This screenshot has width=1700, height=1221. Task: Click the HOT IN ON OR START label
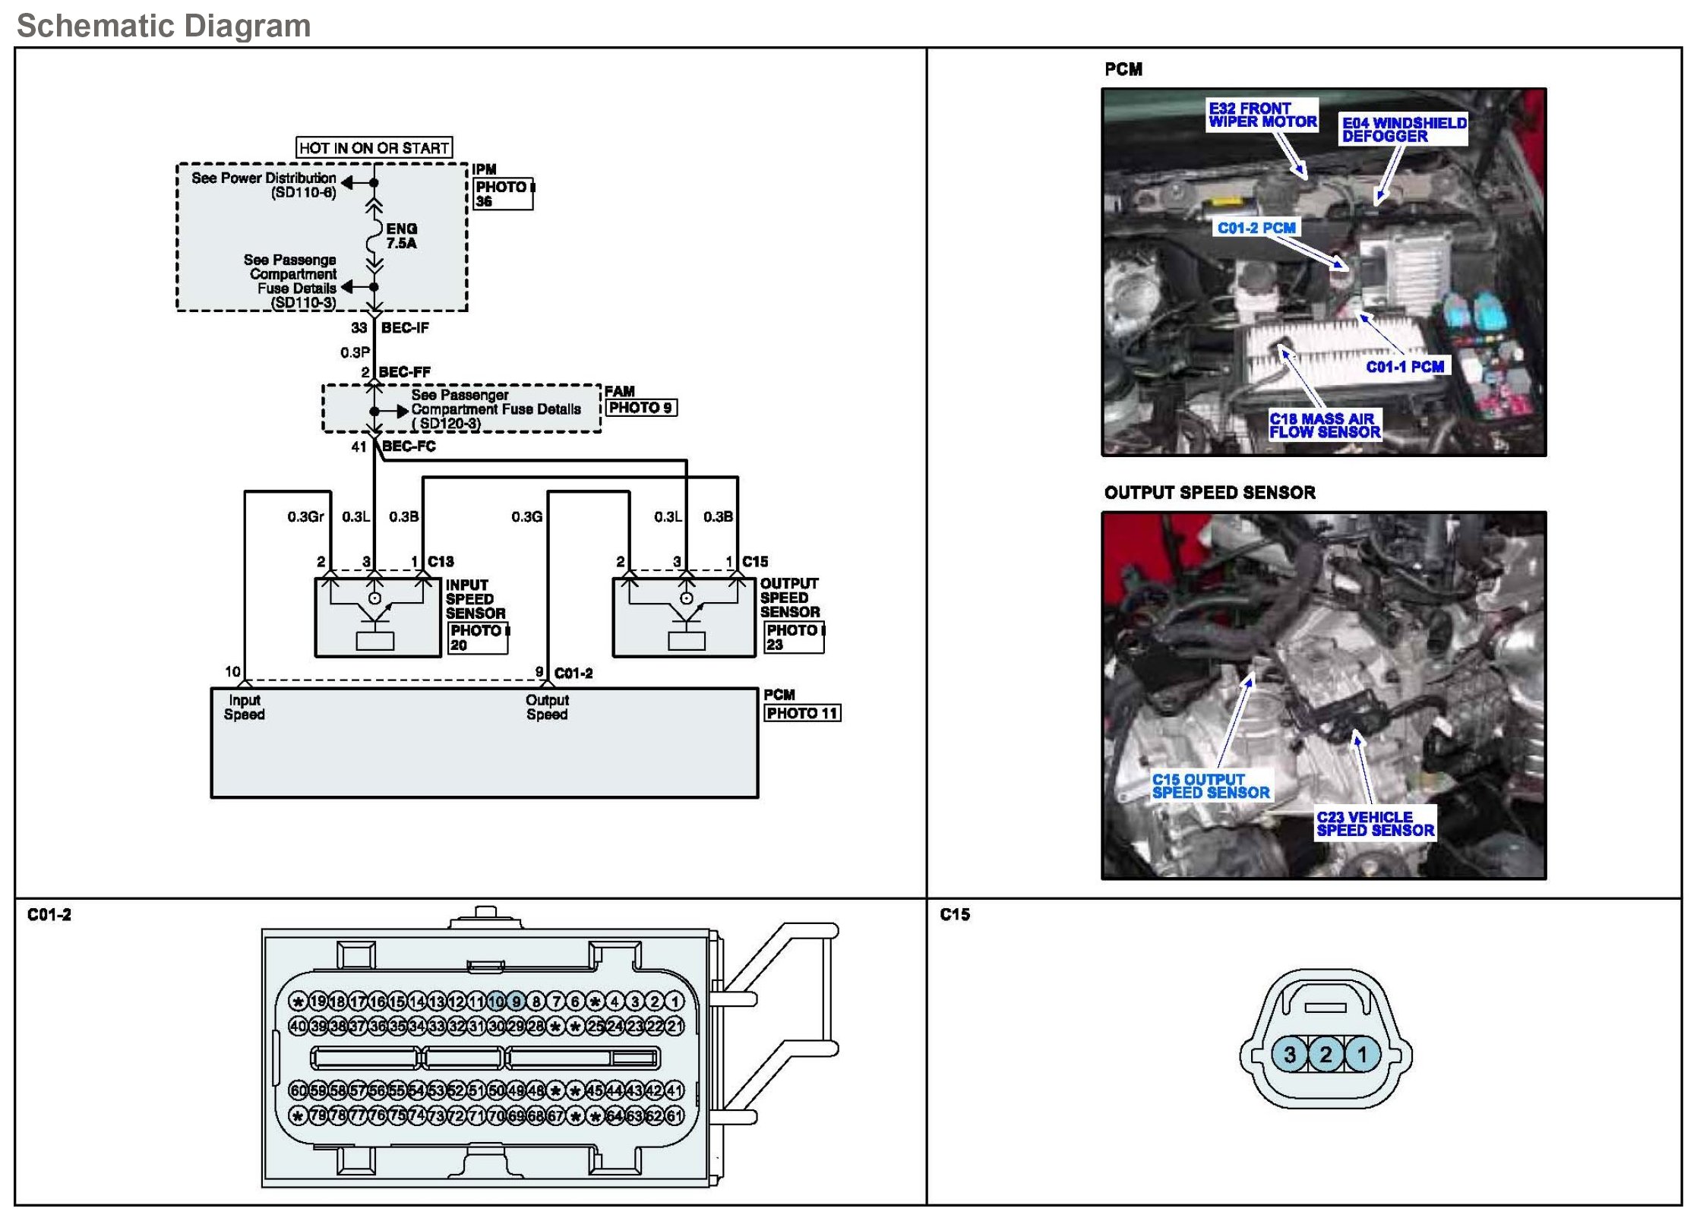(x=374, y=147)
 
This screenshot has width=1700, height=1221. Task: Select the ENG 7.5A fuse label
(x=401, y=235)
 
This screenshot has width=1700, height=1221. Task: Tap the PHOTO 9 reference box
(x=641, y=408)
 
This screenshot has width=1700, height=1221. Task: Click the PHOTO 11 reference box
(x=802, y=713)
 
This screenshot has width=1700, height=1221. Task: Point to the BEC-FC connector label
(x=409, y=446)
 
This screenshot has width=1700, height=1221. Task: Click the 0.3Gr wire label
(x=305, y=517)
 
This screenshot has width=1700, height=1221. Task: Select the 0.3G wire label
(x=526, y=517)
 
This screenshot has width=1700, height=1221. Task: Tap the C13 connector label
(x=441, y=562)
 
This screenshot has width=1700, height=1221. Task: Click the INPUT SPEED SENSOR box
(x=378, y=617)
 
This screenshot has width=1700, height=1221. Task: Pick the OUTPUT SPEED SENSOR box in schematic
(x=684, y=617)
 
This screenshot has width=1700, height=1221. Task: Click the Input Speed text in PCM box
(x=244, y=707)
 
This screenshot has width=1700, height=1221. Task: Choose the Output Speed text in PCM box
(x=547, y=707)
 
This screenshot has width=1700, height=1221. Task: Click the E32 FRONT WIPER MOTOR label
(x=1262, y=115)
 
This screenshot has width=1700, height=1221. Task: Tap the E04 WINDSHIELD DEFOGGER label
(x=1403, y=129)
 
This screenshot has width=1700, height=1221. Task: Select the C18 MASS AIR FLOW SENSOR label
(x=1324, y=425)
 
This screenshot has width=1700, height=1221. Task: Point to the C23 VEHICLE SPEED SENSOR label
(x=1375, y=824)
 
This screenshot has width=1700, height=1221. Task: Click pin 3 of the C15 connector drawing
(x=1290, y=1055)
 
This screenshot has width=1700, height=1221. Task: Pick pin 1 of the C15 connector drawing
(x=1362, y=1055)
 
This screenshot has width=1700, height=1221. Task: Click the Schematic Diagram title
(x=164, y=26)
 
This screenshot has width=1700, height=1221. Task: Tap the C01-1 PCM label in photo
(x=1405, y=367)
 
